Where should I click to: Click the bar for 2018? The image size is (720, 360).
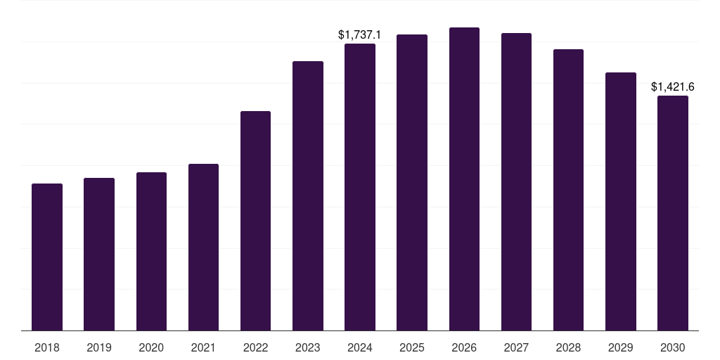click(47, 257)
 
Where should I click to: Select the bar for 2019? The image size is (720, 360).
click(99, 254)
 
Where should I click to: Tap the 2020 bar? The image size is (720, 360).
click(151, 251)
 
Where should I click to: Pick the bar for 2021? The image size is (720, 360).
click(203, 247)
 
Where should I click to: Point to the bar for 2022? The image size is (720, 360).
click(255, 221)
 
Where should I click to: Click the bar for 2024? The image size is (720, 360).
click(360, 187)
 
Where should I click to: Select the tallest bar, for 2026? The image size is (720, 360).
click(464, 179)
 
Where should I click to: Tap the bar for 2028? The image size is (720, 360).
click(568, 190)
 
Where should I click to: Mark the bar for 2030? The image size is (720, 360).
click(673, 213)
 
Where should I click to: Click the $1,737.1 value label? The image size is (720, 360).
click(360, 34)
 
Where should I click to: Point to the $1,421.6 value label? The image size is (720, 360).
click(673, 86)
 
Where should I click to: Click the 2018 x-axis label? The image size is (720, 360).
click(47, 347)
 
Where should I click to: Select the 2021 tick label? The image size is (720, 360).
click(203, 347)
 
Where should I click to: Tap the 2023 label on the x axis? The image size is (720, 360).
click(308, 347)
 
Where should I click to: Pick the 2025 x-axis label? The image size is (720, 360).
click(412, 347)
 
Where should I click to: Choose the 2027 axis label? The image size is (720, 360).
click(516, 347)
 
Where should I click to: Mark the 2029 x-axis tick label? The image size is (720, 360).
click(621, 347)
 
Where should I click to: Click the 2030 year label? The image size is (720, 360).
click(673, 347)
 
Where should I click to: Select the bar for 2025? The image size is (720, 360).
click(412, 182)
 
